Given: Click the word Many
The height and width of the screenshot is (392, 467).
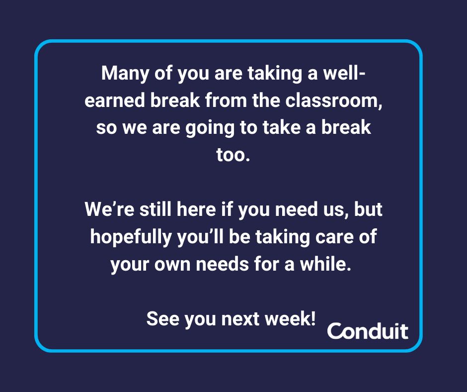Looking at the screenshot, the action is [x=125, y=73].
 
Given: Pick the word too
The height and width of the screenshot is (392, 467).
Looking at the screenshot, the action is [x=233, y=155].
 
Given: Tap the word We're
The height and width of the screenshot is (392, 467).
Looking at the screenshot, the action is [x=109, y=209].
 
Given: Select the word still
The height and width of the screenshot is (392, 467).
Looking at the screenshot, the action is [x=156, y=209].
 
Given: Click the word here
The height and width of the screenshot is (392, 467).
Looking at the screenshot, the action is [x=196, y=209].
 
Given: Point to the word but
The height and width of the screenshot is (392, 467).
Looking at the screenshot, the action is [x=368, y=209].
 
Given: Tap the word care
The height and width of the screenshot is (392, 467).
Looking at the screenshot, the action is [x=334, y=237].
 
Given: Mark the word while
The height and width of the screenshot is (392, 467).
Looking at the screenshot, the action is [x=325, y=264].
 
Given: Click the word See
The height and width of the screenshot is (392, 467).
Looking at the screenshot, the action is [x=162, y=318].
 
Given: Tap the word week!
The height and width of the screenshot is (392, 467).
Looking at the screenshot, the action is [x=290, y=318].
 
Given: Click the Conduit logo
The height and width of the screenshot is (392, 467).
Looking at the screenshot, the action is [x=368, y=331].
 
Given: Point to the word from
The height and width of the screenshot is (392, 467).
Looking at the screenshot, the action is [x=226, y=100].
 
